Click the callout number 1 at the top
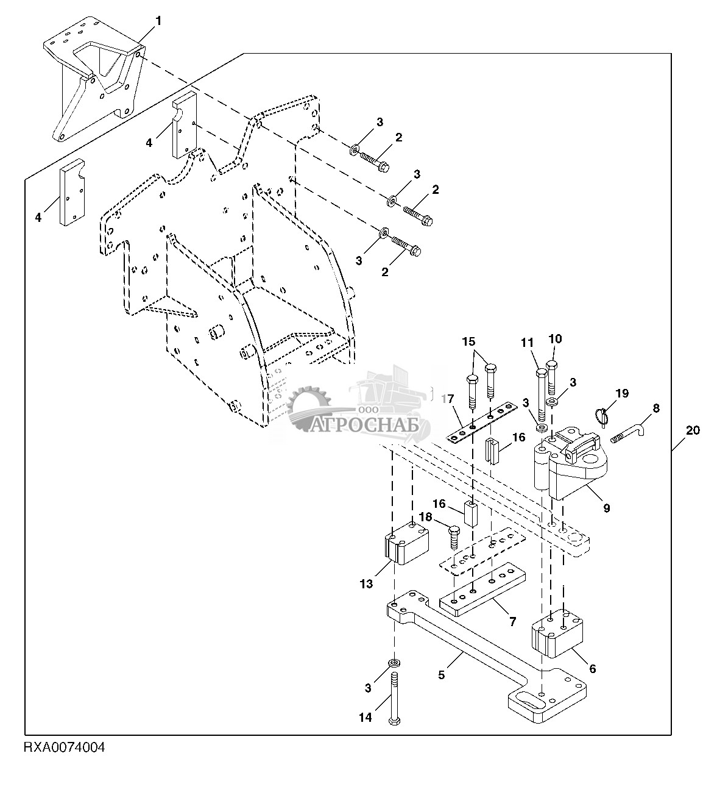point(158,21)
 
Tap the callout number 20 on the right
point(693,430)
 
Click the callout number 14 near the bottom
point(364,718)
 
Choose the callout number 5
point(442,675)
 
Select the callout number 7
point(512,621)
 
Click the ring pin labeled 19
point(602,415)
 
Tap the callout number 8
point(655,408)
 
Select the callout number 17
point(448,400)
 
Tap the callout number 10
point(555,339)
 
